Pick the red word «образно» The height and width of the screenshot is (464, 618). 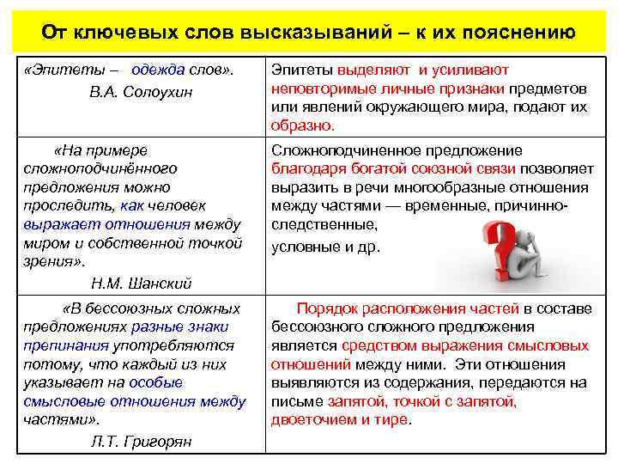pyautogui.click(x=302, y=125)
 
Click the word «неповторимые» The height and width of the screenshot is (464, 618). pyautogui.click(x=313, y=89)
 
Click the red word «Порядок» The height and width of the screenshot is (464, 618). pyautogui.click(x=324, y=308)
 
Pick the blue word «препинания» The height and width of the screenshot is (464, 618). pyautogui.click(x=67, y=345)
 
